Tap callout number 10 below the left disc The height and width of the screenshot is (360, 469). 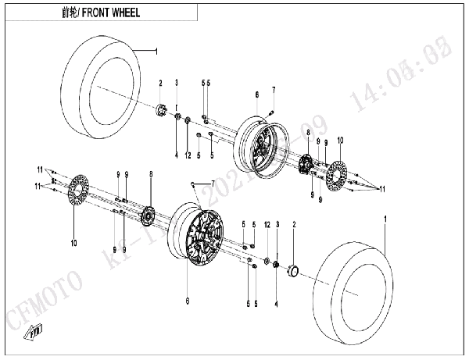(x=73, y=244)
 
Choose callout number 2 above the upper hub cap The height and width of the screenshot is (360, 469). (x=159, y=83)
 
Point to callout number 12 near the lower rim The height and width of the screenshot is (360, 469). (x=267, y=225)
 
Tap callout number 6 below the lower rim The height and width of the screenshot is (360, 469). (x=188, y=298)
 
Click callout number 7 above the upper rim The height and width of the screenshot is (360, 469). (x=274, y=91)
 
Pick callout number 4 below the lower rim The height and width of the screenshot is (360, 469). (x=276, y=297)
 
